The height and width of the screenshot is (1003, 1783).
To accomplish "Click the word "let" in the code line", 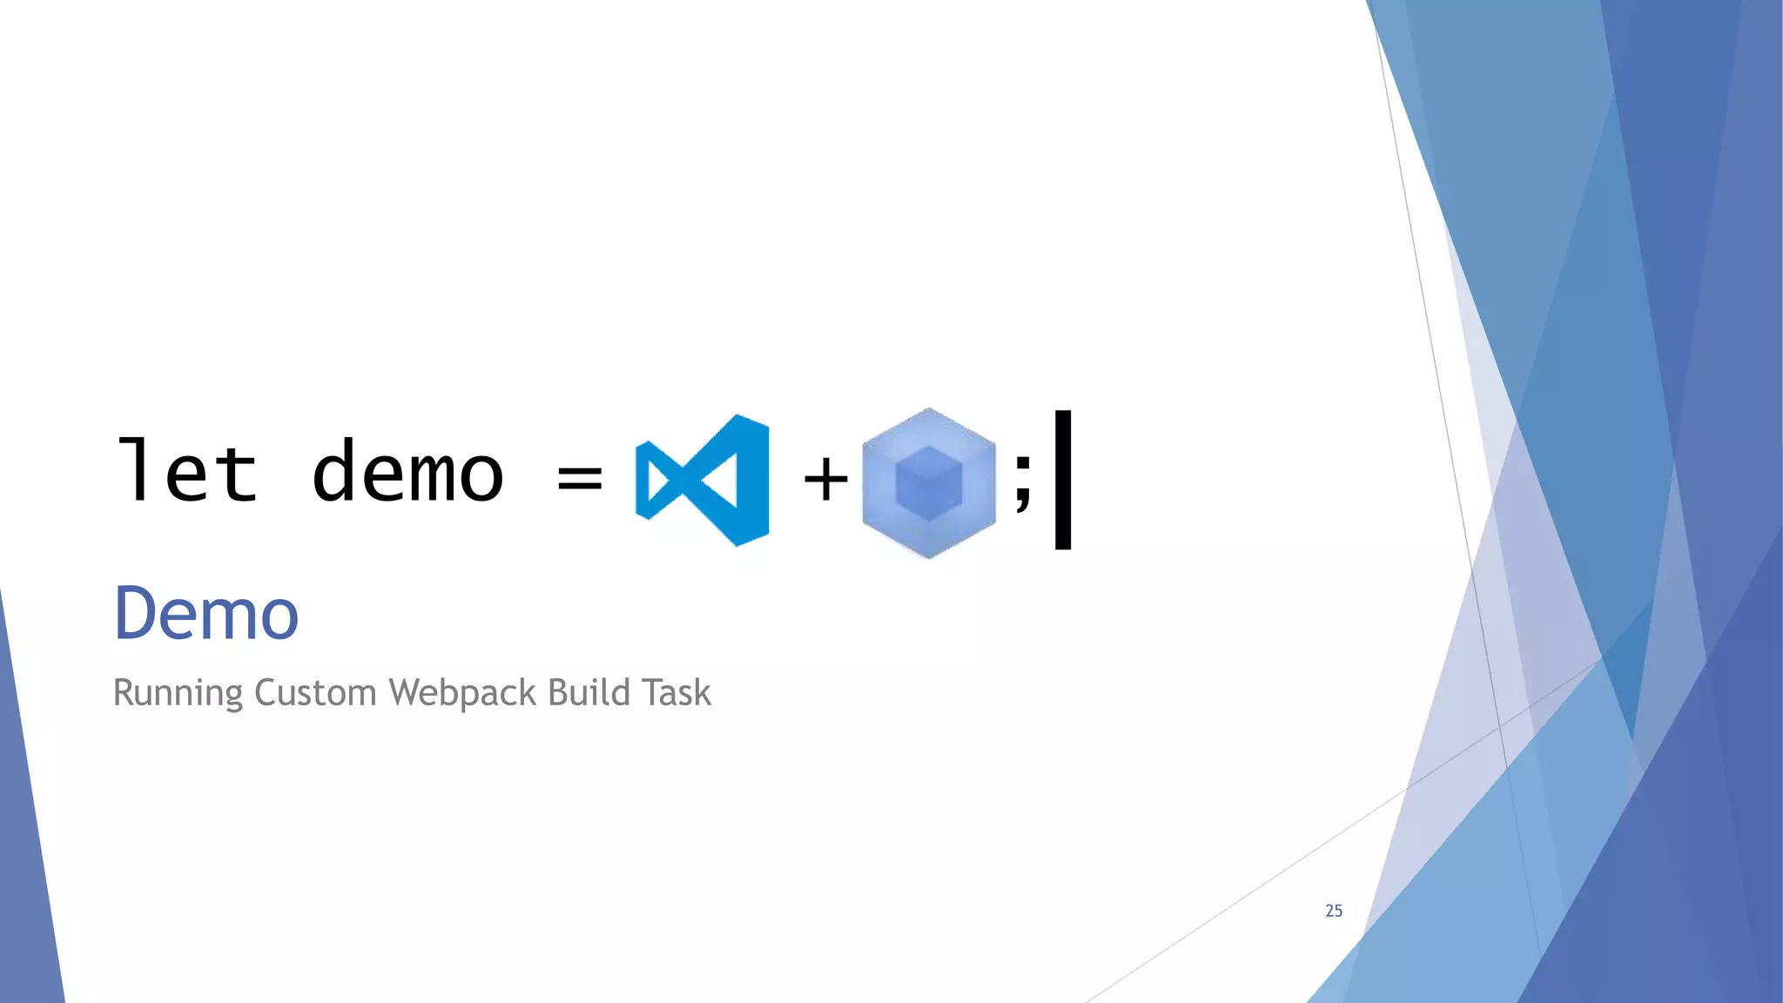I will click(x=187, y=472).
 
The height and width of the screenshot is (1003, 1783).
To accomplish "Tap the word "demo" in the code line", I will click(x=407, y=474).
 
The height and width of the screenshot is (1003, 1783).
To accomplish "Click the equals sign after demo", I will click(x=580, y=477).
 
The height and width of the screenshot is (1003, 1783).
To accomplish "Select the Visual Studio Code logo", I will click(x=703, y=480).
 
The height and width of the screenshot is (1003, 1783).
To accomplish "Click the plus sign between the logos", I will click(x=825, y=479).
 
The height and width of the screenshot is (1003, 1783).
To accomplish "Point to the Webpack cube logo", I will click(x=928, y=482).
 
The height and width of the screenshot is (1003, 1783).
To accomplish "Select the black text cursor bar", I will click(x=1062, y=480).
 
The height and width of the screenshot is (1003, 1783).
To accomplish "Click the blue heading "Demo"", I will click(x=206, y=614).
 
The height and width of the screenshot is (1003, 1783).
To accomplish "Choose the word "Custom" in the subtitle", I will click(x=315, y=693).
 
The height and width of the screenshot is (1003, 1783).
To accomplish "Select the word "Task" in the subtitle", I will click(x=676, y=693).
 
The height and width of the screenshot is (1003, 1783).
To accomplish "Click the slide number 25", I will click(x=1334, y=911).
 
